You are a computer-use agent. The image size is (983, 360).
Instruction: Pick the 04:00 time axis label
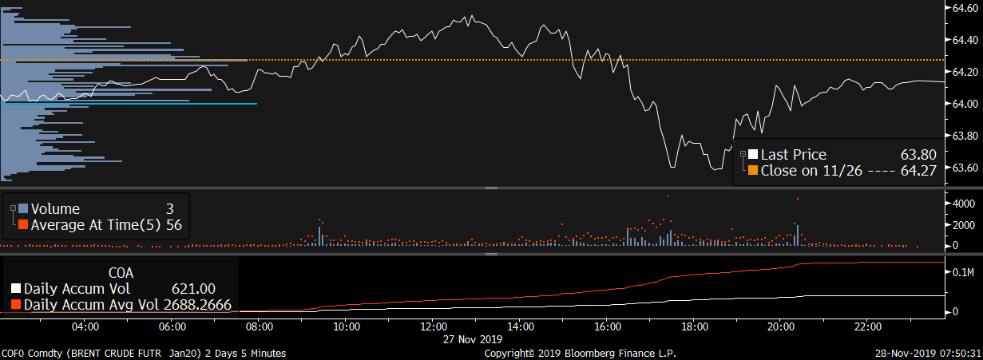pos(85,326)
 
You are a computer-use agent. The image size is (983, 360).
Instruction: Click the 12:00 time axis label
pos(433,326)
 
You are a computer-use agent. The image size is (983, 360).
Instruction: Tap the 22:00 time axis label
pos(868,326)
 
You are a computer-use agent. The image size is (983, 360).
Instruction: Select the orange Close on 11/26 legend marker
pos(752,170)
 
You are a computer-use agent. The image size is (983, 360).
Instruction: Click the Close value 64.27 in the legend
pos(918,170)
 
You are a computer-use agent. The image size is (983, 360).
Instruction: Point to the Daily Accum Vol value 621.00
pos(192,288)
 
